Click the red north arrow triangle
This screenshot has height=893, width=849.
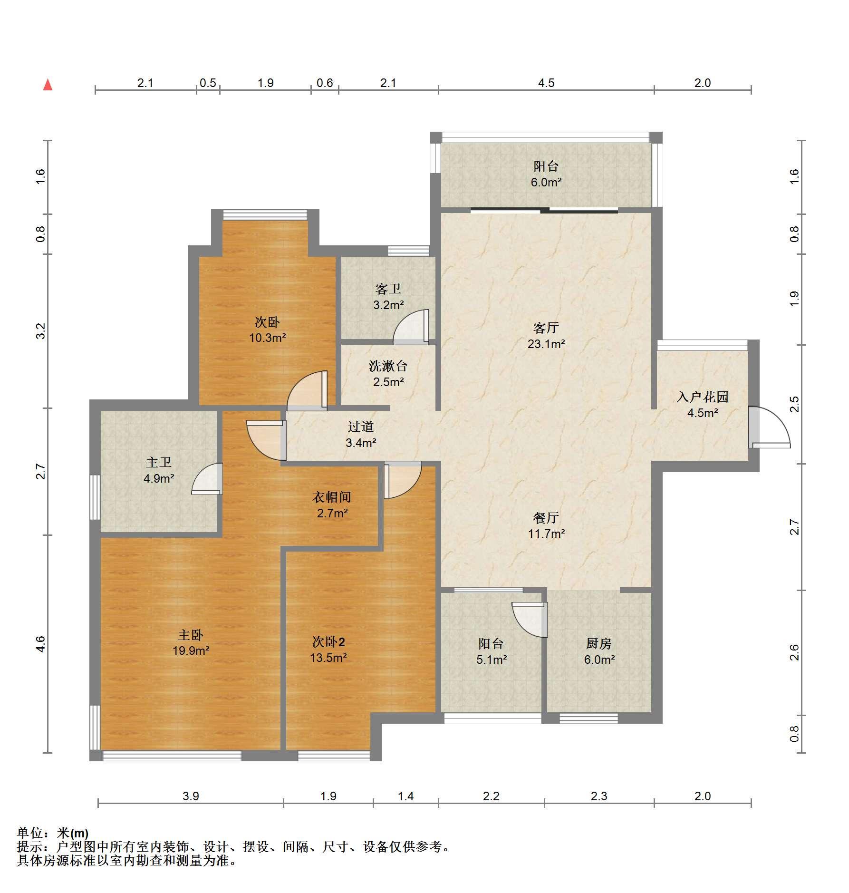[48, 85]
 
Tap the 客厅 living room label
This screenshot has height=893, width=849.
[546, 328]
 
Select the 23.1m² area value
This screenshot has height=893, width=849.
[546, 344]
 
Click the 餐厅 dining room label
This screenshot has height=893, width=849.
[546, 517]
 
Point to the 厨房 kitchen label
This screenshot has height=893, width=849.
[598, 643]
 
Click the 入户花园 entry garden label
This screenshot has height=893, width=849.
[703, 397]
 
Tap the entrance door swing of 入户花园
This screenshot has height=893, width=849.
[770, 427]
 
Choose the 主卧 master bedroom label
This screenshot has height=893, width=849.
[191, 635]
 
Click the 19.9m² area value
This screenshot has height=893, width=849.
[191, 650]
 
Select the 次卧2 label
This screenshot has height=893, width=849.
[328, 642]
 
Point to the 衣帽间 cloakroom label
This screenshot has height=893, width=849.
[332, 497]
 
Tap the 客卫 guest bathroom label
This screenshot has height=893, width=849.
[388, 289]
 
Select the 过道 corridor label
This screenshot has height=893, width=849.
[360, 427]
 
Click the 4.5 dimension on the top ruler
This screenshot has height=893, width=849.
[546, 83]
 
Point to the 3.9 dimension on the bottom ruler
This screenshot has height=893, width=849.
[191, 796]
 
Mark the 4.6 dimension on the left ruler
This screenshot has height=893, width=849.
[40, 644]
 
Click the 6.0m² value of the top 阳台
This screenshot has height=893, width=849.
[546, 182]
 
